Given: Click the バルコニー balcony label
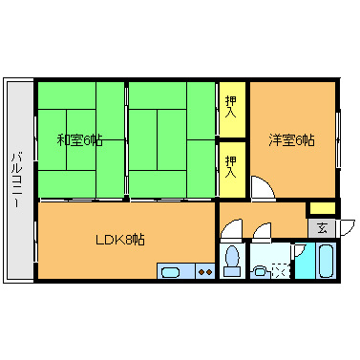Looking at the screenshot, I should (x=18, y=180).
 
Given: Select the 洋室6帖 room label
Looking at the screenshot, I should (x=291, y=140).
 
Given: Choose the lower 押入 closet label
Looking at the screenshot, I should (x=231, y=166).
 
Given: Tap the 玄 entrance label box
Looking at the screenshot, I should (x=322, y=228).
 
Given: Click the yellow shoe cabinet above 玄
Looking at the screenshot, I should (x=322, y=208).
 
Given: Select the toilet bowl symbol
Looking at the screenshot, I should (x=231, y=261).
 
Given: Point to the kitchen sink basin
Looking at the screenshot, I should (x=173, y=272).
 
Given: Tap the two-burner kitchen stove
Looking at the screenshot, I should (x=203, y=272).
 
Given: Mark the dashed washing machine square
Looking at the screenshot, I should (x=280, y=269).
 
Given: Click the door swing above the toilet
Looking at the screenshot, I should (x=230, y=229).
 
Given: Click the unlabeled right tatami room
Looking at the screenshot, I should (x=172, y=140).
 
